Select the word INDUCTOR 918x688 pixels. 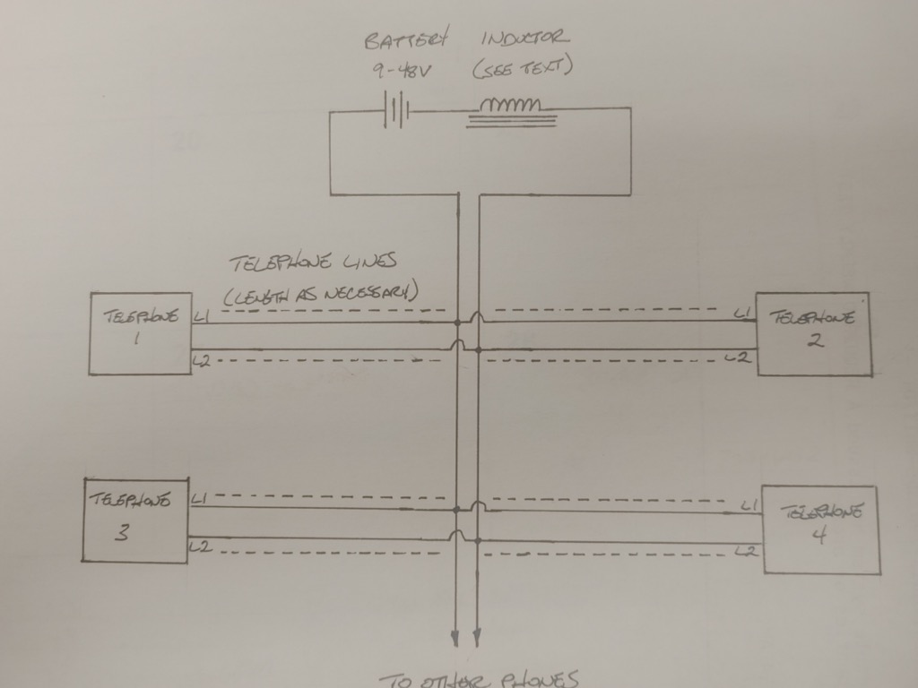pos(524,39)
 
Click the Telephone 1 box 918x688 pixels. pos(141,333)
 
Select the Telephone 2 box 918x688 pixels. pos(813,333)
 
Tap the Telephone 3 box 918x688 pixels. pos(135,520)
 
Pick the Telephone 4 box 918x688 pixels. pos(820,529)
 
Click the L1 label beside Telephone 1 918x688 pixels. pos(201,314)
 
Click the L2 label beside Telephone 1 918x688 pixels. pos(201,361)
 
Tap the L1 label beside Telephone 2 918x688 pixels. pos(742,313)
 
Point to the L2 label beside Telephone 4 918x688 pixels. pos(744,550)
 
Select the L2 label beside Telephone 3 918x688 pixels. pos(199,546)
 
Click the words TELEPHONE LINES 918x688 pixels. pos(313,263)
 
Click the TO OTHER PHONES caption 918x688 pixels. pos(479,680)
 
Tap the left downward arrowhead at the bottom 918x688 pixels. pos(456,637)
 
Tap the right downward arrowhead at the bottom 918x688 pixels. pos(476,637)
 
